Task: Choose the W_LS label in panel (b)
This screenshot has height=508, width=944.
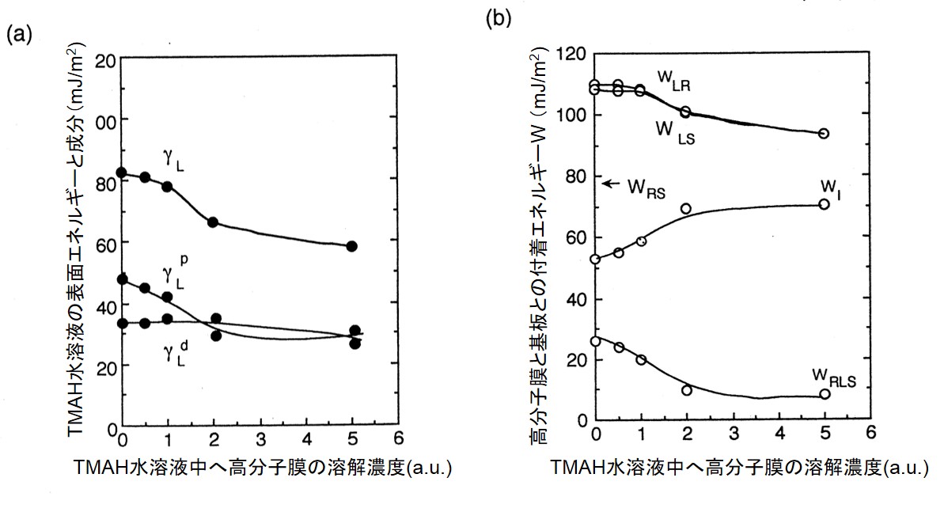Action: pos(674,131)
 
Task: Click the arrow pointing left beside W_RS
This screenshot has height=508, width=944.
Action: pos(609,184)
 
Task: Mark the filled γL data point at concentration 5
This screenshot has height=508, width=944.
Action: pos(353,246)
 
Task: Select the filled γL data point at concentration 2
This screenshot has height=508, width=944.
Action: pos(213,222)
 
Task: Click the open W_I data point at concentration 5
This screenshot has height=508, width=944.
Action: pos(825,204)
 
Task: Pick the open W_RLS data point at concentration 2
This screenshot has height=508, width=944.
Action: pos(686,390)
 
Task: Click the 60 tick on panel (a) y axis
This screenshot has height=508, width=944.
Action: pos(105,245)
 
